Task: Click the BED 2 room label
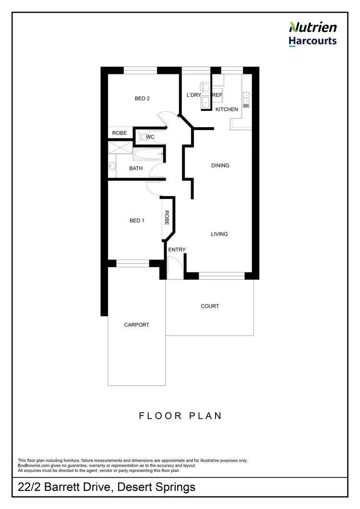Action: [x=142, y=99]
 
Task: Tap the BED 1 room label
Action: [x=137, y=221]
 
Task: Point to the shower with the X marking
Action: [x=119, y=147]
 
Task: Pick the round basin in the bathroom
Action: [x=112, y=166]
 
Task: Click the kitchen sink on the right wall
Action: [x=247, y=99]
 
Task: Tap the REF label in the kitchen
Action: [x=217, y=95]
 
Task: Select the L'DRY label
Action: [x=193, y=95]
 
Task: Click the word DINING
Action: [x=220, y=166]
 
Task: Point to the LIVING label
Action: [x=219, y=234]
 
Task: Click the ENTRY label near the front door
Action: [x=177, y=249]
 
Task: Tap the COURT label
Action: [x=210, y=306]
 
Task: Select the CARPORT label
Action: [x=136, y=325]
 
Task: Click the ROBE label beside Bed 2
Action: [x=119, y=133]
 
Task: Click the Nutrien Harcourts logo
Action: [x=312, y=34]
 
